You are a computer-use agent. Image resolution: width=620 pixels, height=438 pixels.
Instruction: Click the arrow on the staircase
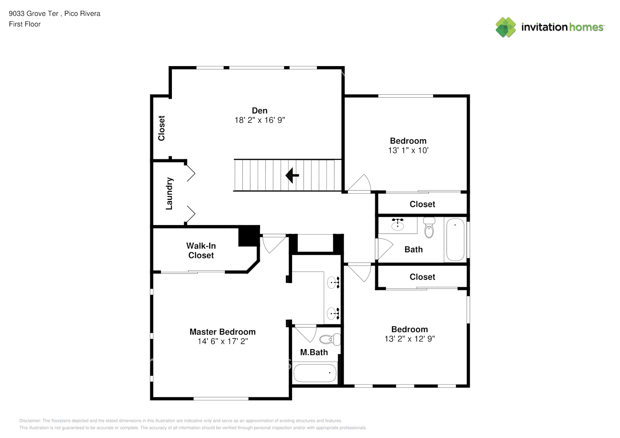point(292,175)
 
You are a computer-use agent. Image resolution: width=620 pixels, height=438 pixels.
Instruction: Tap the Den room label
point(260,111)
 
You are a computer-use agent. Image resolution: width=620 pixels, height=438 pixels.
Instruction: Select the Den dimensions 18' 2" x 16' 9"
point(260,120)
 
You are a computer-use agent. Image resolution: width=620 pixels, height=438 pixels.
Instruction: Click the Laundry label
point(169,194)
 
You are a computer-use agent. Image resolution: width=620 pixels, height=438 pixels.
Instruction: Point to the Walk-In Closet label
point(201,251)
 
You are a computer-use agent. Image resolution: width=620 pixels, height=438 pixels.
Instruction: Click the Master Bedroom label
point(223,332)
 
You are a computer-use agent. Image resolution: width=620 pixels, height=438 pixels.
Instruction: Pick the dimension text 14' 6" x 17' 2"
point(223,341)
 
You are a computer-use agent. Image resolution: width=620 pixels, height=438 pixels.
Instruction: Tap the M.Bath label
point(314,352)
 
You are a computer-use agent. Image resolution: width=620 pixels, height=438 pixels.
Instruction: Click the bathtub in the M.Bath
point(315,373)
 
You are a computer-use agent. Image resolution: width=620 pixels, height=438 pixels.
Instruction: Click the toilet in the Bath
point(429,228)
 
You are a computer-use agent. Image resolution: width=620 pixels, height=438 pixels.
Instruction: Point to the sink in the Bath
point(398,224)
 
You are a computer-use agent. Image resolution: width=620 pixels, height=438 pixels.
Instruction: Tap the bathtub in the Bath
point(455,240)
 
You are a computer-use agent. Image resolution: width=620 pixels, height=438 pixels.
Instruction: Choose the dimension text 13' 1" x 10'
point(408,150)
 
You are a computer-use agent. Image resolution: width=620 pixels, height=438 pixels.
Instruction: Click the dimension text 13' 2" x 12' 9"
point(410,339)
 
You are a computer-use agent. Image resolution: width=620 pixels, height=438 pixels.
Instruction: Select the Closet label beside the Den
point(161,128)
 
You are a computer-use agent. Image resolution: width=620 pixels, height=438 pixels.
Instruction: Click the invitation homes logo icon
point(506,27)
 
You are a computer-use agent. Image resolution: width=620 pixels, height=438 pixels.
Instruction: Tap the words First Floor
point(25,25)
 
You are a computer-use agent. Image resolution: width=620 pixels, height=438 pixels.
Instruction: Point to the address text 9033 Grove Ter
point(33,14)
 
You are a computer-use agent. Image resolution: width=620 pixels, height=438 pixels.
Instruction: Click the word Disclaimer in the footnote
point(30,420)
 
